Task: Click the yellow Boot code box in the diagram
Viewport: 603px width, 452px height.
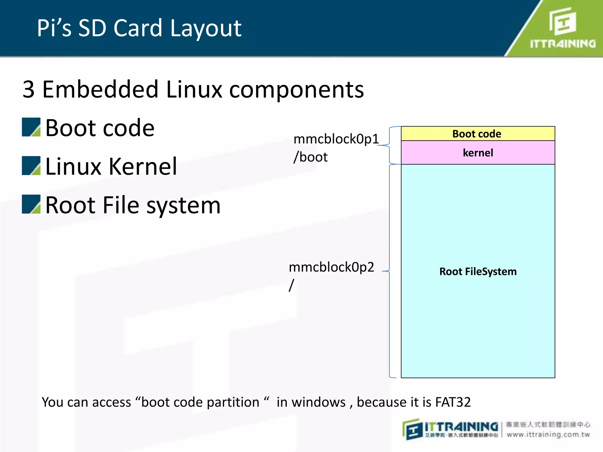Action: (x=478, y=134)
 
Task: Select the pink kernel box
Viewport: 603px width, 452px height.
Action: (x=478, y=153)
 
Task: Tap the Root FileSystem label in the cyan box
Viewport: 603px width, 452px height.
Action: (x=478, y=271)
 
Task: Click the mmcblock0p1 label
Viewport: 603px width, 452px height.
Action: (x=336, y=139)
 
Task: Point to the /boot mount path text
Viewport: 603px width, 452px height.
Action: (x=310, y=157)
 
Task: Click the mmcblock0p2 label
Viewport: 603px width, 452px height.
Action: (x=331, y=267)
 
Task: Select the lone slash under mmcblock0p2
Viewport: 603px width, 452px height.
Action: (x=291, y=285)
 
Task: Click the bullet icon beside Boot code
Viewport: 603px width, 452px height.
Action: (x=31, y=127)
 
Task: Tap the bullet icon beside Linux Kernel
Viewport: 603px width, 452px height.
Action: (x=31, y=166)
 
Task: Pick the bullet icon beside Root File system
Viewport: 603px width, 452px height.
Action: (x=31, y=204)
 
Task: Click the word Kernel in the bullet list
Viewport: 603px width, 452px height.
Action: (x=143, y=167)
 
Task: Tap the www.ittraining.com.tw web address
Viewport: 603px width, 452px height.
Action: (x=548, y=435)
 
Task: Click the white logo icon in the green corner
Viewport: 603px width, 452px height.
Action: (x=562, y=21)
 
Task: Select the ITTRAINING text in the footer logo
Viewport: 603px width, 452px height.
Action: (x=461, y=427)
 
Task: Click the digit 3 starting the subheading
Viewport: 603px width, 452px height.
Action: (x=29, y=89)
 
